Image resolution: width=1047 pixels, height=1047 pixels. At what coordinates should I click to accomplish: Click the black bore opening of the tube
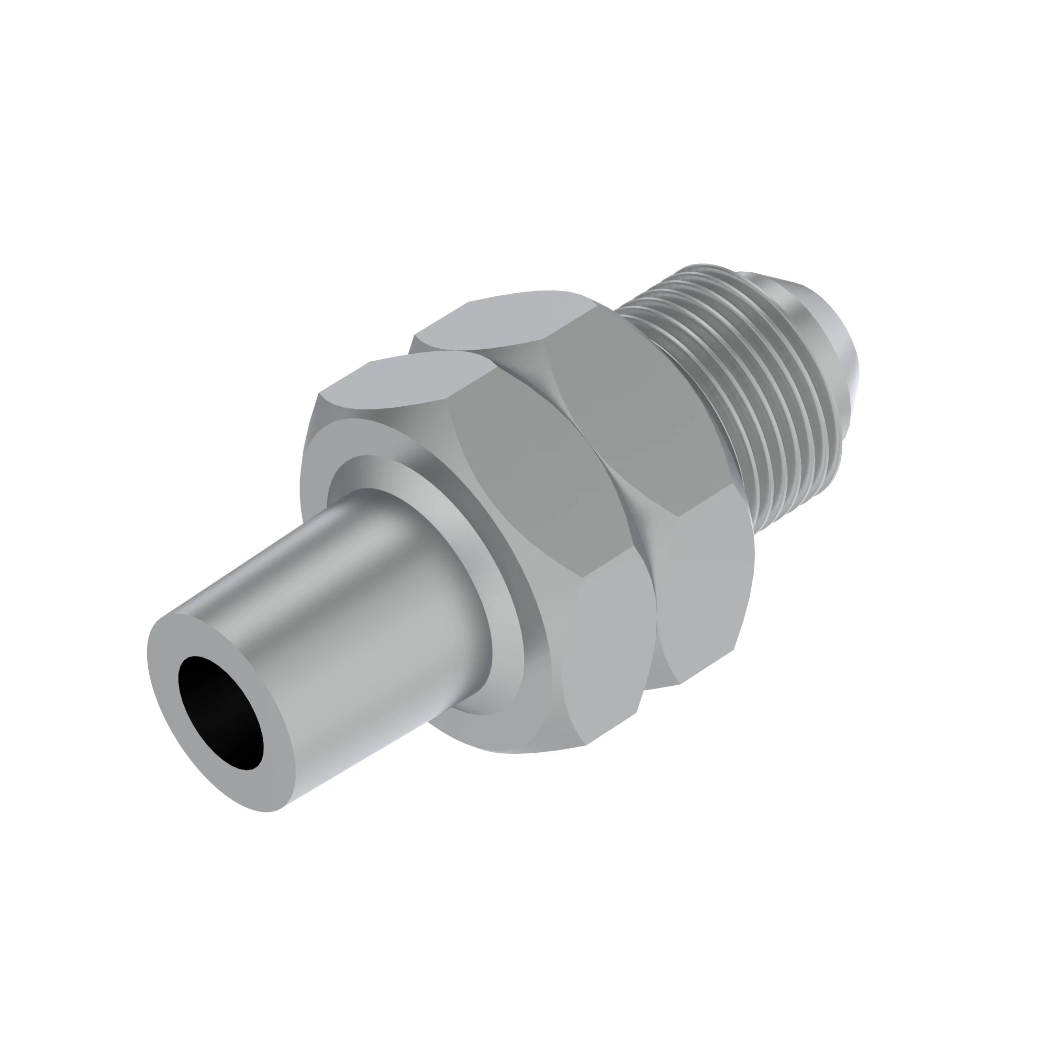220,712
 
